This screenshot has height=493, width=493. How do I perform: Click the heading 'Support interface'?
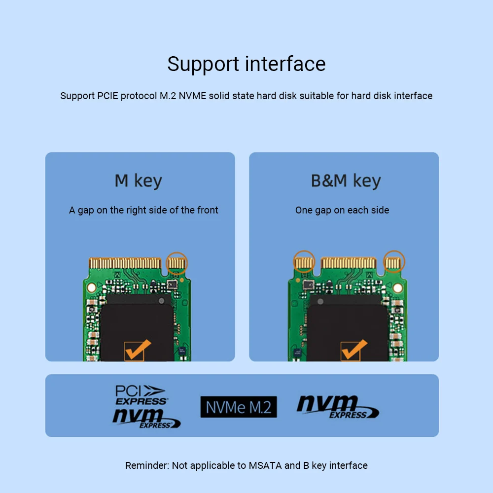click(246, 65)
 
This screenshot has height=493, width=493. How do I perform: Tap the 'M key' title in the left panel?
click(139, 181)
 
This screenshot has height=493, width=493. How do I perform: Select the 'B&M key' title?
click(346, 181)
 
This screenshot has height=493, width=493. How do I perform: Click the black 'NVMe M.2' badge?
click(239, 407)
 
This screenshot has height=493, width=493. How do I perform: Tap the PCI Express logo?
click(141, 395)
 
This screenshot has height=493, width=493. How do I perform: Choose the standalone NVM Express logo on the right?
click(338, 407)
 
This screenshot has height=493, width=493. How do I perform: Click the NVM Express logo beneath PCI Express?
click(146, 419)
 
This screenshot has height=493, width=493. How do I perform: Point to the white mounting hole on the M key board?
click(92, 288)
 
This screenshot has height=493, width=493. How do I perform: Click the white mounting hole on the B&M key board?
click(398, 288)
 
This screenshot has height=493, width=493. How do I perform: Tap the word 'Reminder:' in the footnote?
click(147, 465)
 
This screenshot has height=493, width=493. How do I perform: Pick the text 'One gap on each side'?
click(342, 210)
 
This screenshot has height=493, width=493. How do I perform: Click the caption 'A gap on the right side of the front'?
click(143, 210)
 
